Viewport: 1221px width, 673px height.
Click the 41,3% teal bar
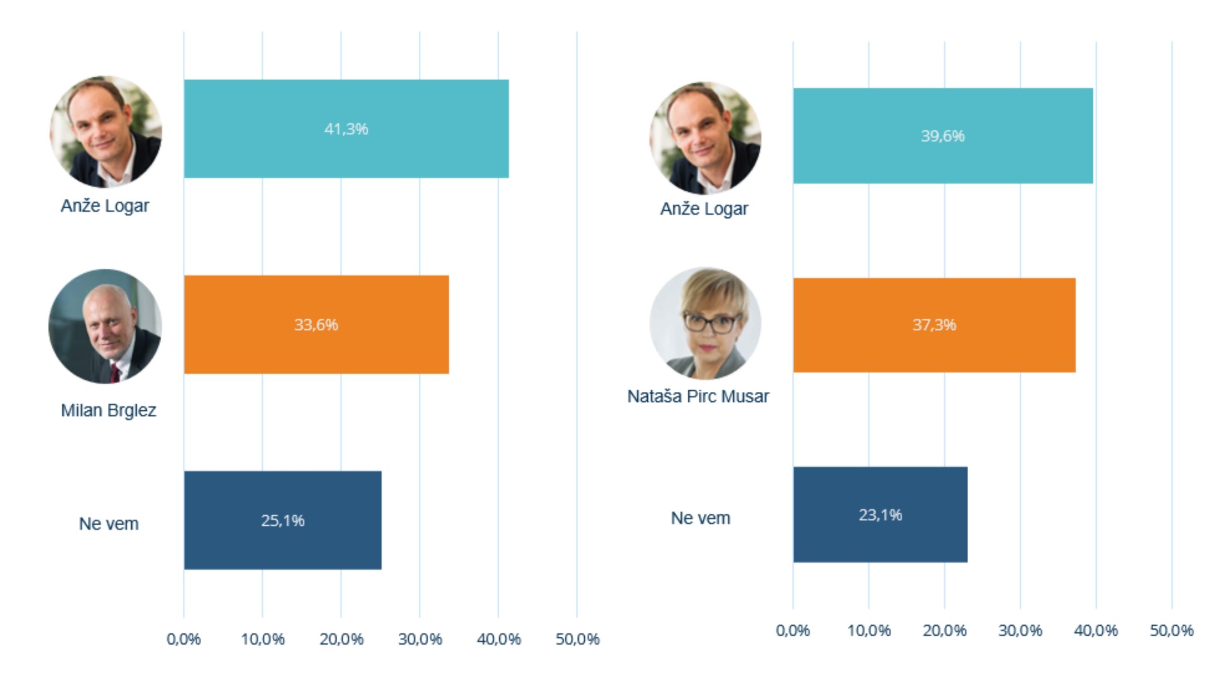pyautogui.click(x=346, y=129)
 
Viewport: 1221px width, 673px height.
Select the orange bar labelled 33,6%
pyautogui.click(x=316, y=325)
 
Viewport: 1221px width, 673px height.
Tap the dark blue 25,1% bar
pyautogui.click(x=282, y=520)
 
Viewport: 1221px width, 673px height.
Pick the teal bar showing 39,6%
pyautogui.click(x=942, y=136)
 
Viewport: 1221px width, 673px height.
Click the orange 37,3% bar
pyautogui.click(x=934, y=325)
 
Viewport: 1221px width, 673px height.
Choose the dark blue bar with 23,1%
pyautogui.click(x=880, y=515)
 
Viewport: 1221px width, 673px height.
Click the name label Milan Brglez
pyautogui.click(x=108, y=410)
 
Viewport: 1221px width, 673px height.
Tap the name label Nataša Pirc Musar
pyautogui.click(x=698, y=397)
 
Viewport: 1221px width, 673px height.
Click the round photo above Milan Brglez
pyautogui.click(x=105, y=326)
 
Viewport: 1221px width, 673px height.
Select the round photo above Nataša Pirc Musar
pyautogui.click(x=705, y=323)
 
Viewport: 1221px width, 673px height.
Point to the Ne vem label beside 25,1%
pyautogui.click(x=109, y=524)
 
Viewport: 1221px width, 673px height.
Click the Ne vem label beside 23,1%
pyautogui.click(x=700, y=518)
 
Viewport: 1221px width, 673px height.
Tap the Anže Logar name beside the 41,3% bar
pyautogui.click(x=105, y=206)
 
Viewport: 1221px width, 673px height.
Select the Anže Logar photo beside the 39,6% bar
pyautogui.click(x=705, y=138)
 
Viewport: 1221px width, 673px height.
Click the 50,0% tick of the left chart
pyautogui.click(x=577, y=639)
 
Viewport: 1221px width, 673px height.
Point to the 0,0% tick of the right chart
pyautogui.click(x=793, y=631)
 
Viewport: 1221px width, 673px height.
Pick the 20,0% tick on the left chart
pyautogui.click(x=341, y=639)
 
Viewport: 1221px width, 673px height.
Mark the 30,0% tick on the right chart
pyautogui.click(x=1020, y=631)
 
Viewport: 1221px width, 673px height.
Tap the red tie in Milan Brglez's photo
pyautogui.click(x=115, y=372)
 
